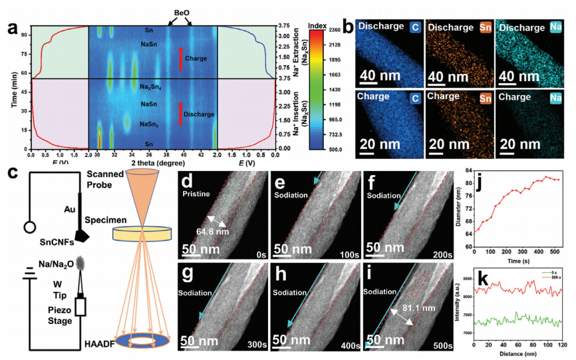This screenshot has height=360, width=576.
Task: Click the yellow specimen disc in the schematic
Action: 141,233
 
